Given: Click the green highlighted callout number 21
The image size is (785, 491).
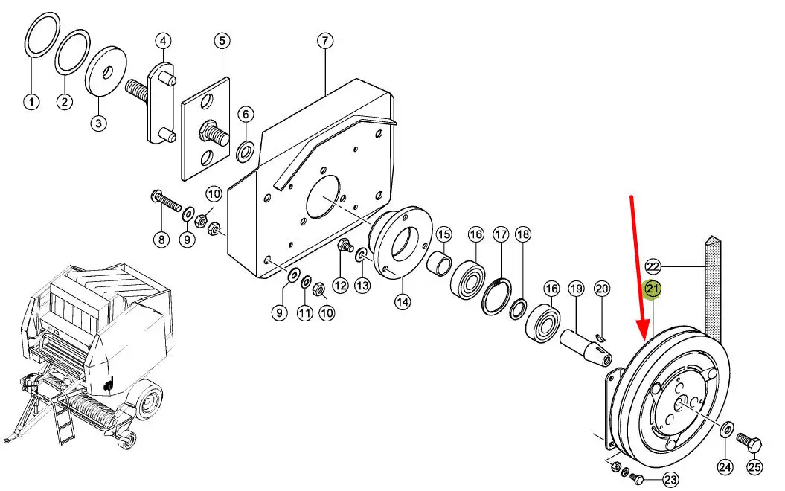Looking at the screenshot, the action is [653, 289].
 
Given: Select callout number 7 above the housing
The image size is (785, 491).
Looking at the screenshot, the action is [325, 40].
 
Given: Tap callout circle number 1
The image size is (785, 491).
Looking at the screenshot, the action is [31, 103].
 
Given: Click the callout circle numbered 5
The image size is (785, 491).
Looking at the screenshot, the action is [222, 40].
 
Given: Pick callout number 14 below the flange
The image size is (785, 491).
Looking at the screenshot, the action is [403, 302].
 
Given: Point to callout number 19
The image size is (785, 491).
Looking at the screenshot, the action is [576, 289].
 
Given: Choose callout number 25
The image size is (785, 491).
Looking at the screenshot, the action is [754, 467].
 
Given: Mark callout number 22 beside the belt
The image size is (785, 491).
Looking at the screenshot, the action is [653, 266].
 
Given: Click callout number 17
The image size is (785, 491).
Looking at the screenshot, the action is [501, 234].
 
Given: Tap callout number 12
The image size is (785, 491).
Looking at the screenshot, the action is [341, 286].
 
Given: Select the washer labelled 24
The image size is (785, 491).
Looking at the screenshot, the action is [726, 429].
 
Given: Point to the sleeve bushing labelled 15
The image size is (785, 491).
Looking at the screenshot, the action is [440, 264].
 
